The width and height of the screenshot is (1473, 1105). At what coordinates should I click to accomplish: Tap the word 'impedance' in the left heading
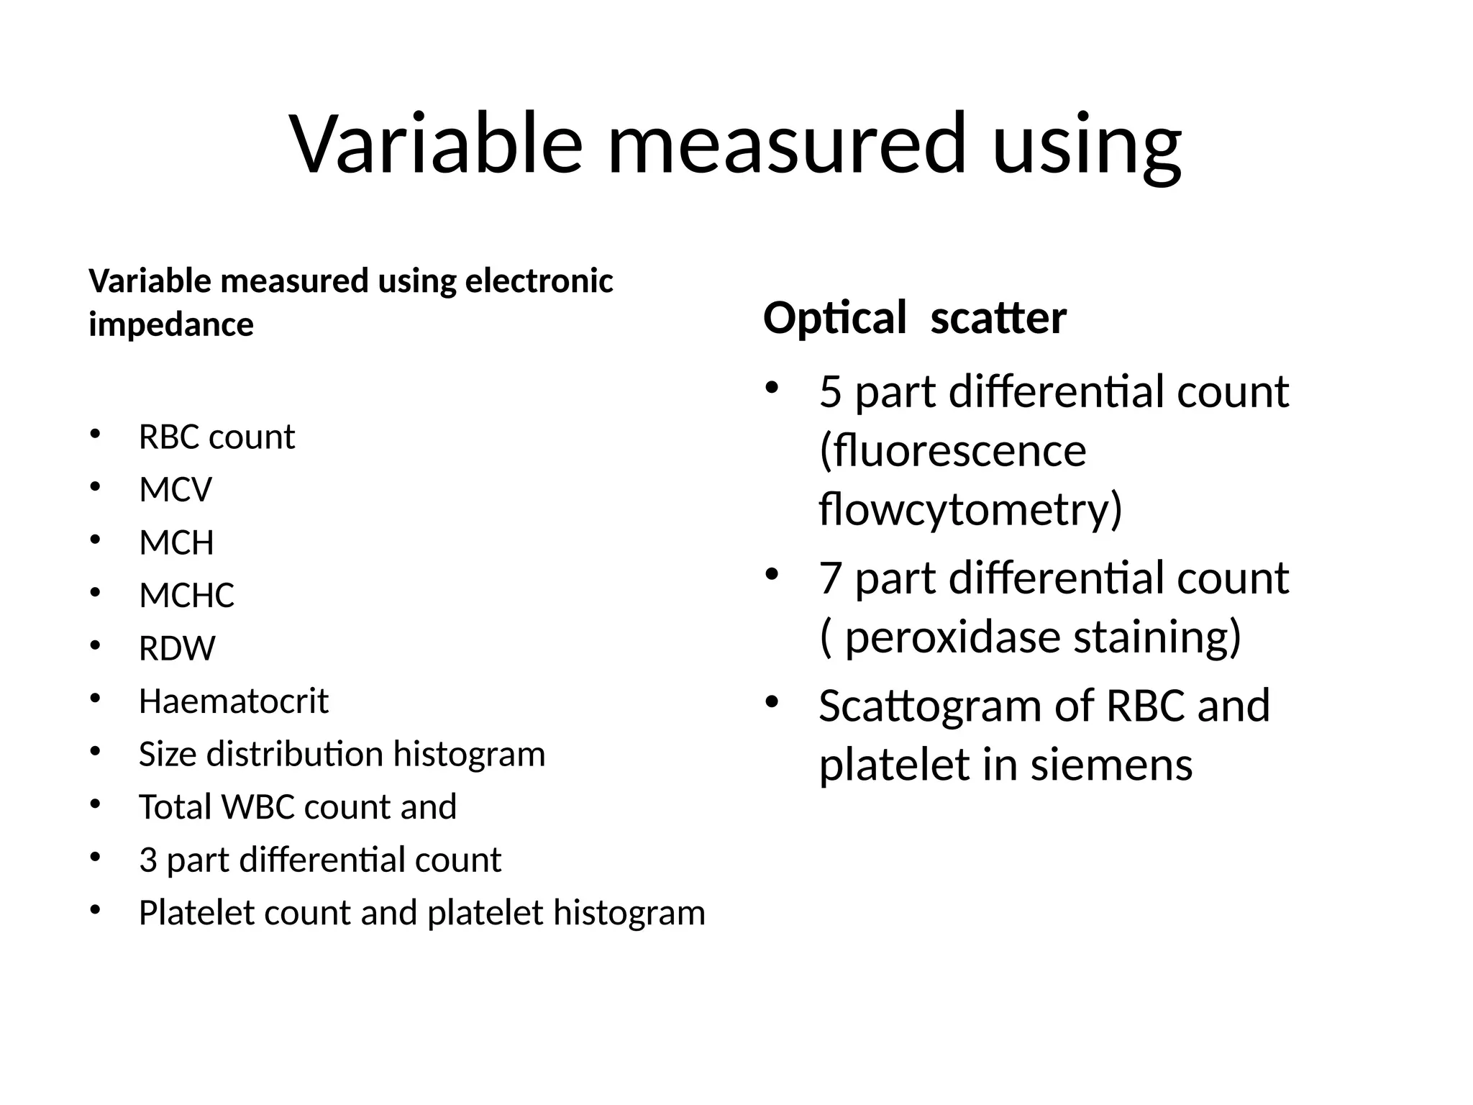click(x=171, y=325)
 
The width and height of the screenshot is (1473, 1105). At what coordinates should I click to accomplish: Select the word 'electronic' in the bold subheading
click(x=539, y=281)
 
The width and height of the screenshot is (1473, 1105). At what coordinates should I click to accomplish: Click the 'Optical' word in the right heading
click(x=834, y=319)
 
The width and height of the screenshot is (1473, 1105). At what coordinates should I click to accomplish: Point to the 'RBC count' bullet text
click(x=216, y=437)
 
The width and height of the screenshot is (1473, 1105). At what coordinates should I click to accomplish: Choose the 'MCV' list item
click(x=175, y=491)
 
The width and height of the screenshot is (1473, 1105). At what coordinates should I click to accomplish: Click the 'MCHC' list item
click(x=186, y=596)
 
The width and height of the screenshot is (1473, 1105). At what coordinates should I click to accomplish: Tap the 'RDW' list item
click(x=177, y=649)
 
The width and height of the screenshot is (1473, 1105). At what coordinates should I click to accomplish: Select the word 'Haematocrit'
click(x=233, y=701)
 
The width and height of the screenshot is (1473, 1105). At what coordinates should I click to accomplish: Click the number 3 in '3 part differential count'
click(x=148, y=860)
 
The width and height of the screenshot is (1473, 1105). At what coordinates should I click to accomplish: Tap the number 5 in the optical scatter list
click(x=830, y=393)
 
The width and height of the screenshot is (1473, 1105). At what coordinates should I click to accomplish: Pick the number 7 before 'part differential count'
click(x=830, y=578)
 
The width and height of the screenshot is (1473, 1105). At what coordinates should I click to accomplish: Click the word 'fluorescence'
click(x=952, y=452)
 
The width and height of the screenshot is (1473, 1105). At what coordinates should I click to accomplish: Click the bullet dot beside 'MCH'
click(x=95, y=540)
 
